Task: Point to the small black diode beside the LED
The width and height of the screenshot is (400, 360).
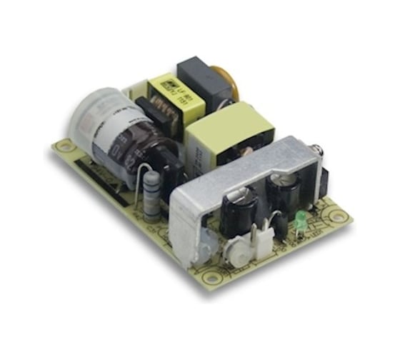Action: point(283,227)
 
